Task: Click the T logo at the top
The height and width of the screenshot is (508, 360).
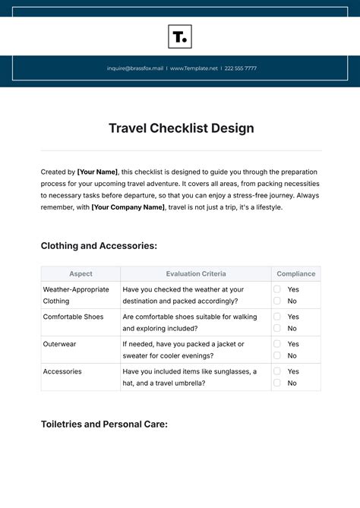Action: [x=180, y=36]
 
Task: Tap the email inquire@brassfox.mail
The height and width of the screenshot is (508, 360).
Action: [x=135, y=68]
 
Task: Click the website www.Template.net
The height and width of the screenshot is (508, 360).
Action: [x=194, y=68]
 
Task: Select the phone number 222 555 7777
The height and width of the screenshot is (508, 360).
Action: [x=240, y=68]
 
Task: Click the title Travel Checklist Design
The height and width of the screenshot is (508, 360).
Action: [x=180, y=128]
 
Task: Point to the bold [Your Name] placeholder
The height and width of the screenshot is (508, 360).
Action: [x=97, y=172]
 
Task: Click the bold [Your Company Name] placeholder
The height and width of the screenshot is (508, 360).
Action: [x=128, y=207]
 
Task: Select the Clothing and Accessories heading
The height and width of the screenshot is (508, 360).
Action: [x=99, y=246]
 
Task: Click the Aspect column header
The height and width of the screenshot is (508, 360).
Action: [x=81, y=274]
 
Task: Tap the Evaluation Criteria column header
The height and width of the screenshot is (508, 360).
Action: [x=195, y=274]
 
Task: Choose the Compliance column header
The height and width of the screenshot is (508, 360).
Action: [x=295, y=274]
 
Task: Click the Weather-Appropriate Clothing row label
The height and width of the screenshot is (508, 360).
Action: [x=76, y=295]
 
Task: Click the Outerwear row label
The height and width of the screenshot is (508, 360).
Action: [x=59, y=344]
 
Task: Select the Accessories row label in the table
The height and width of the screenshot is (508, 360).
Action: [x=62, y=371]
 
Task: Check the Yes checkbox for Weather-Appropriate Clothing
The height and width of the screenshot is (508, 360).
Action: [x=277, y=289]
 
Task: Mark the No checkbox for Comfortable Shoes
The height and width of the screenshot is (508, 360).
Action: [x=277, y=329]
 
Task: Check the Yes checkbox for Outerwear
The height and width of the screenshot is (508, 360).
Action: [x=277, y=344]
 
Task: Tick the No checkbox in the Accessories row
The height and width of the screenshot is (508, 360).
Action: [x=277, y=383]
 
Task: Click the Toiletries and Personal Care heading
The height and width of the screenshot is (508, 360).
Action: [x=104, y=424]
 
